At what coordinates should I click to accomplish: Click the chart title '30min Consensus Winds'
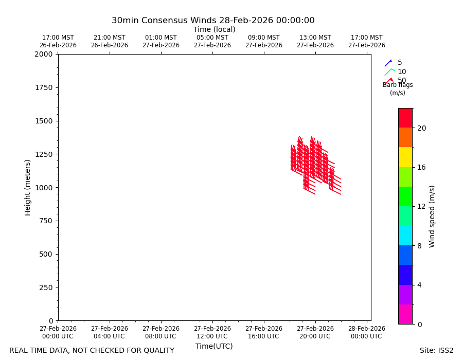click(x=164, y=21)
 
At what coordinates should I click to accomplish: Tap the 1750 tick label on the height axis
click(x=44, y=87)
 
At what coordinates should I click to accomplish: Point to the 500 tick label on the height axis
click(x=46, y=254)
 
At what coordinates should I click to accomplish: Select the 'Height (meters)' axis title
click(x=27, y=188)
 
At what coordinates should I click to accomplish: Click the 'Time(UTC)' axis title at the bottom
click(x=214, y=346)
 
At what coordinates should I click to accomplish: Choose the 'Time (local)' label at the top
click(x=215, y=29)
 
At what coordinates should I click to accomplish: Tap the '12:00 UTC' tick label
click(x=212, y=336)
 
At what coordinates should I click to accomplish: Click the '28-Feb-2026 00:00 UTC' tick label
click(x=366, y=332)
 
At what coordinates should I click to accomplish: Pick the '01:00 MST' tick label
click(x=161, y=38)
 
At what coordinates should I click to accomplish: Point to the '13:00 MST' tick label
click(x=315, y=38)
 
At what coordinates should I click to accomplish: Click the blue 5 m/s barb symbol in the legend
click(x=388, y=63)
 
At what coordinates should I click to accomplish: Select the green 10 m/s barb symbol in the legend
click(x=389, y=71)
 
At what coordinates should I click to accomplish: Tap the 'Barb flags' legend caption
click(x=398, y=85)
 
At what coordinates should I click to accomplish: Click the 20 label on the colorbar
click(x=422, y=128)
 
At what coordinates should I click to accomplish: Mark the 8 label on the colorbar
click(x=419, y=246)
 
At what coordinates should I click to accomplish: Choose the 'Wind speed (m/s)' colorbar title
click(x=432, y=217)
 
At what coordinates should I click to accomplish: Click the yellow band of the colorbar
click(x=405, y=157)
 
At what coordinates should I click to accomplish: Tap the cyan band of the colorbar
click(x=405, y=236)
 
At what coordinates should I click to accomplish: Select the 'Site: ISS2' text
click(x=436, y=350)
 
